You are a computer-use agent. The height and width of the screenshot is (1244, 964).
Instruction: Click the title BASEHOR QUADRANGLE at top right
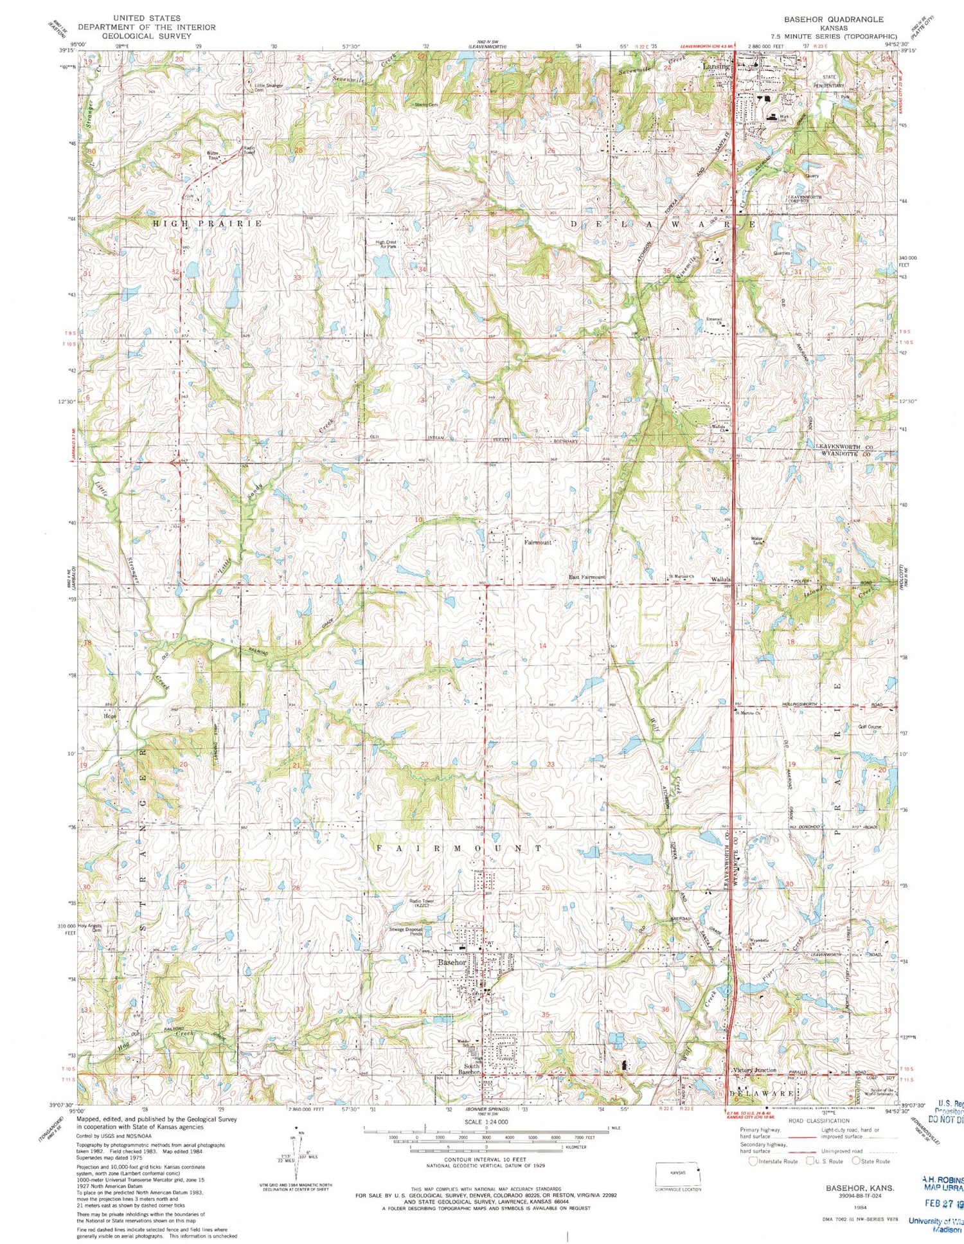point(833,19)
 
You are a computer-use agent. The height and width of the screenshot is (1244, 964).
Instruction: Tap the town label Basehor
point(452,962)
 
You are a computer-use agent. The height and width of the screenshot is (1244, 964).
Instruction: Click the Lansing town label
point(716,66)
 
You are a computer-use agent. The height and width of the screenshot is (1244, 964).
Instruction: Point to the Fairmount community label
point(537,543)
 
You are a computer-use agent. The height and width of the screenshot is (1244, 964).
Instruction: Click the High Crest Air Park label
point(390,244)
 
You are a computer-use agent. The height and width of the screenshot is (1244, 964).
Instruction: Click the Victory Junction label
point(754,1070)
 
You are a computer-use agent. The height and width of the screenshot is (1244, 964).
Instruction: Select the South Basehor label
point(469,1070)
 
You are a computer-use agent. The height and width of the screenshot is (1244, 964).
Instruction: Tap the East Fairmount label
point(587,577)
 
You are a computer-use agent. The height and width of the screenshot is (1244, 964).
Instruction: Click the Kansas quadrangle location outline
point(677,1173)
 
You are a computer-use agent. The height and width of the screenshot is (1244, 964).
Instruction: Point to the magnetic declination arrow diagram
point(296,1151)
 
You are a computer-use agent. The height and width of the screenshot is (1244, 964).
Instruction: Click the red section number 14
point(542,645)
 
